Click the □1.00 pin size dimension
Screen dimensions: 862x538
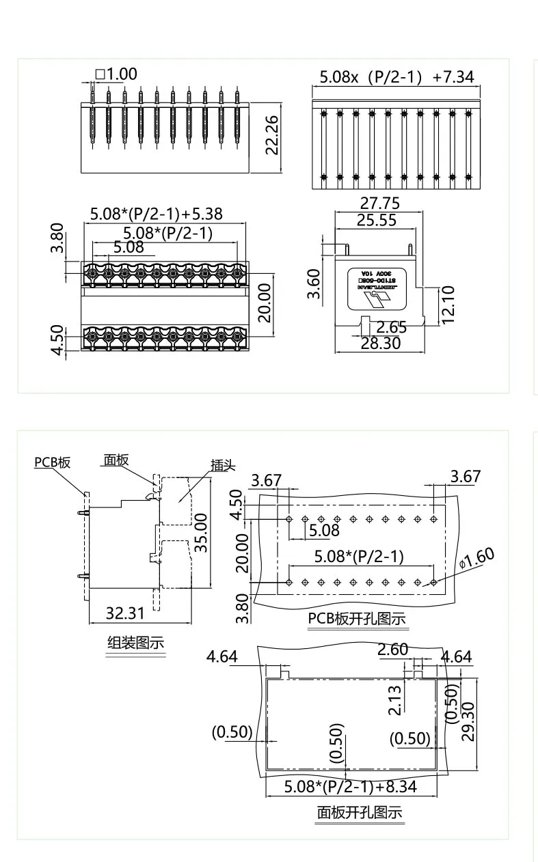click(116, 74)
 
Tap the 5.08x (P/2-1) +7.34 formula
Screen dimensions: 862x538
click(396, 77)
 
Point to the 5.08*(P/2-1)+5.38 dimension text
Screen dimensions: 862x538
click(157, 214)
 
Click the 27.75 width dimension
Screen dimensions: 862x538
click(380, 204)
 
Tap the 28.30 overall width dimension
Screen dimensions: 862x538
click(381, 343)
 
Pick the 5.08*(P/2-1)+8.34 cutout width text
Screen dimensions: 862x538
click(351, 786)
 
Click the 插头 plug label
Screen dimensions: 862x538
click(222, 466)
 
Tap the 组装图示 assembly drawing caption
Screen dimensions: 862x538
click(136, 643)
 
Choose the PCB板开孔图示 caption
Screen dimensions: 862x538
click(357, 619)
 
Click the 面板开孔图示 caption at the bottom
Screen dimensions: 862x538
click(359, 813)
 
